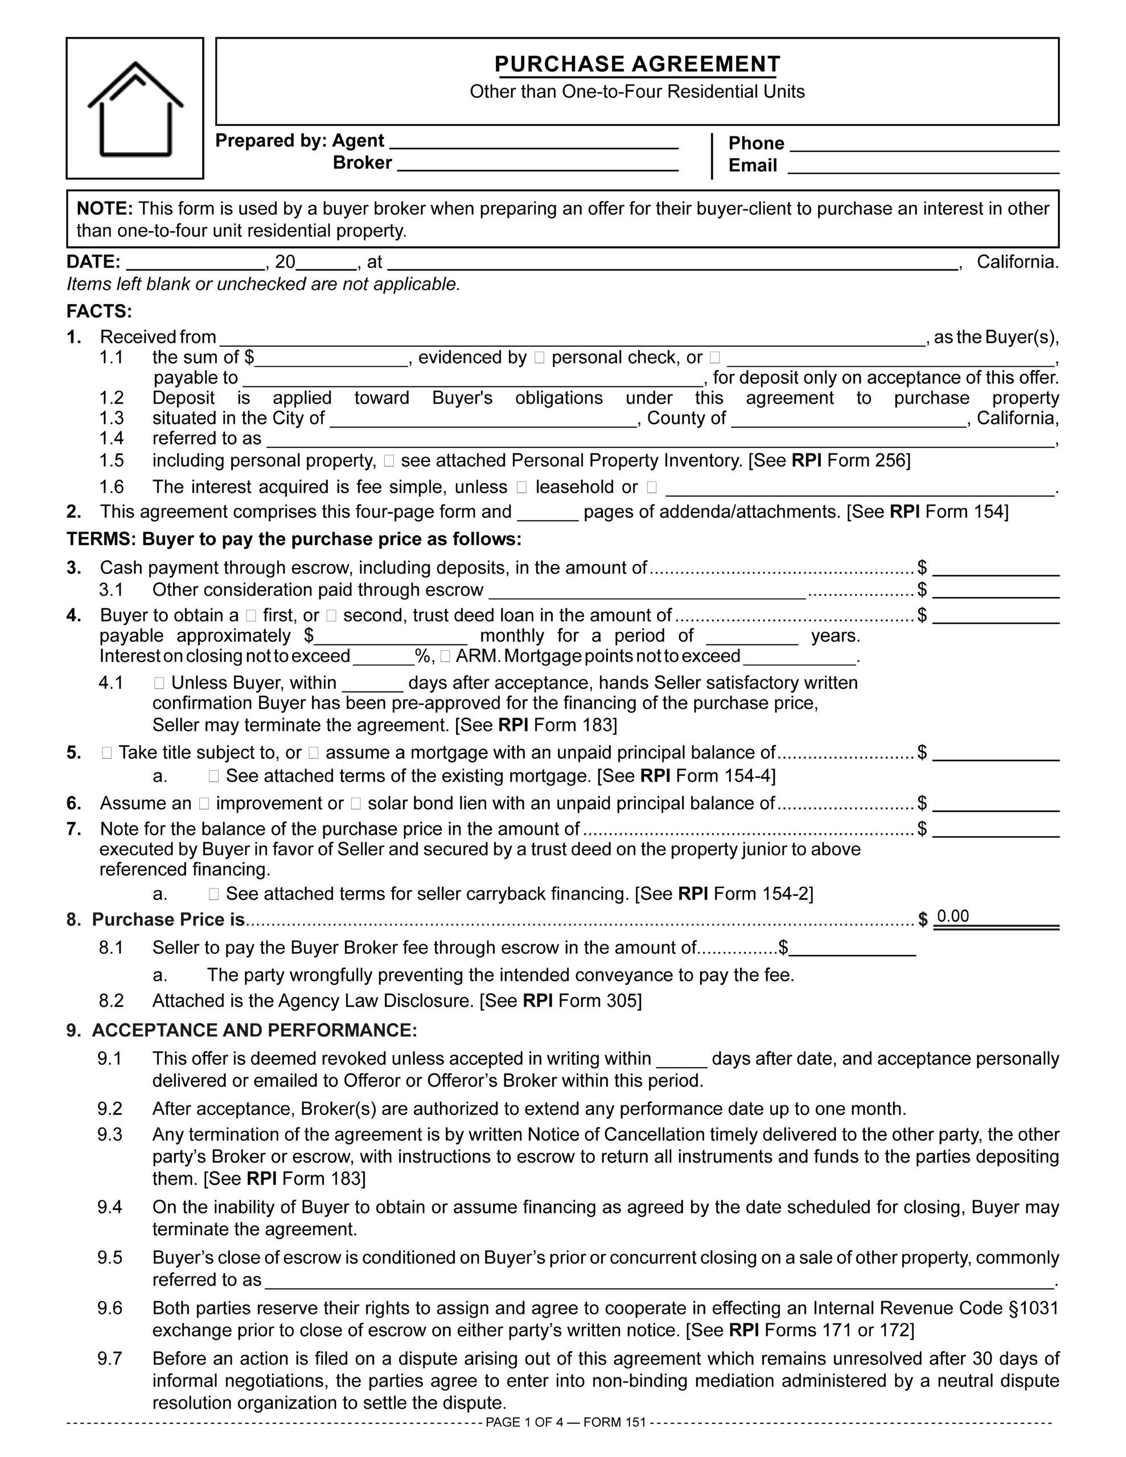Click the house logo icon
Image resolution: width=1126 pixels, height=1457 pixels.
(135, 109)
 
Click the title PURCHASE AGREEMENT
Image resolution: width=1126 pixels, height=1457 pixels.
(637, 64)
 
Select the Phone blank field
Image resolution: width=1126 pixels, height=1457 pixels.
(924, 145)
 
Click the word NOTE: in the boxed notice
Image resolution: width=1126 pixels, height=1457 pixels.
(105, 209)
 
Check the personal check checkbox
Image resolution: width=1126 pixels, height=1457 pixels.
(539, 358)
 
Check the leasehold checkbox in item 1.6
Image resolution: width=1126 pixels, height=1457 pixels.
(521, 488)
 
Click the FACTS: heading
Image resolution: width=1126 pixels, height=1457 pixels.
(100, 311)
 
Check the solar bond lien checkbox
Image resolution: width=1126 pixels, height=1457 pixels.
(356, 804)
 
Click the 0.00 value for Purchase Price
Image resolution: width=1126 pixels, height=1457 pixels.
(952, 917)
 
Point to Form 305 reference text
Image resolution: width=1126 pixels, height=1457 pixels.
(599, 1001)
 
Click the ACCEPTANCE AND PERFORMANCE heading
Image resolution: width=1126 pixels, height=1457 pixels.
(254, 1031)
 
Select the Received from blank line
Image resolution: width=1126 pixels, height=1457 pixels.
(572, 339)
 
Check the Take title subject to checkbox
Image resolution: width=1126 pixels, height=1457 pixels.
(107, 753)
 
